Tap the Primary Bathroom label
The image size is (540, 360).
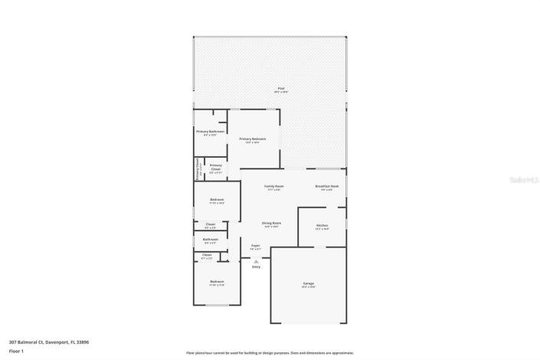coord(209,133)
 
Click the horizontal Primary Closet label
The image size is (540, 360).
coord(216,168)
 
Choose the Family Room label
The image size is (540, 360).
coord(274,188)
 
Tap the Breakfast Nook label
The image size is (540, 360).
coord(326,188)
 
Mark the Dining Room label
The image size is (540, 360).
coord(271,224)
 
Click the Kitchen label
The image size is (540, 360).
coord(322,226)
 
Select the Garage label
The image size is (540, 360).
coord(308,284)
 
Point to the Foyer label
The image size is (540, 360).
coord(256,247)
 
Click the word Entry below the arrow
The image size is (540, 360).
coord(256,267)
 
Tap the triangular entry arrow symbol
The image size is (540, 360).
coord(256,260)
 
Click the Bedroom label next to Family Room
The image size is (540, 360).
coord(217,201)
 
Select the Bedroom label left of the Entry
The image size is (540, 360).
coord(217,283)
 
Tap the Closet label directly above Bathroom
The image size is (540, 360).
coord(210,225)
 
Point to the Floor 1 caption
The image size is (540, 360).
coord(17,352)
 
